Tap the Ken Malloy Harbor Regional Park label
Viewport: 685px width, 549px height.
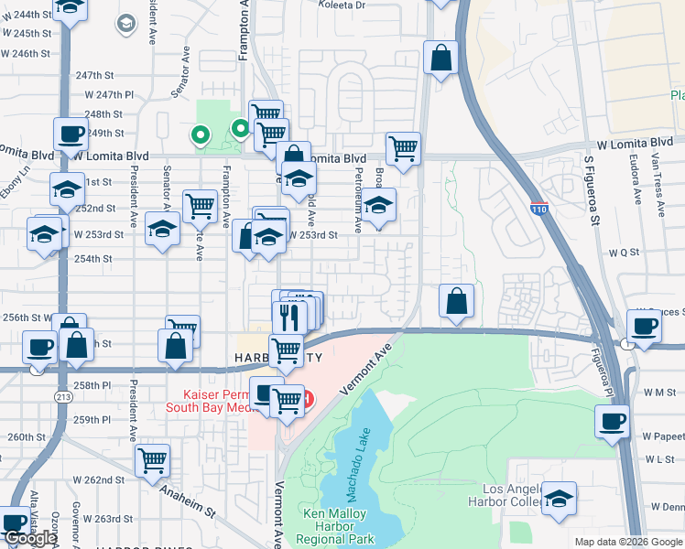pos(339,527)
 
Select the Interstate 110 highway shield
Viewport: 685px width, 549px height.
pos(538,210)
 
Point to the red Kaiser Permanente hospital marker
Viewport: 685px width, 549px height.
pos(308,399)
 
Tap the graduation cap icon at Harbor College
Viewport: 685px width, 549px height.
pos(559,499)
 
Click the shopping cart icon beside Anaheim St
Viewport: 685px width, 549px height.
pos(153,460)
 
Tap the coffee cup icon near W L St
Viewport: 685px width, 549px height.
pos(612,422)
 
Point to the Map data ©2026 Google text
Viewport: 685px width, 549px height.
pos(628,542)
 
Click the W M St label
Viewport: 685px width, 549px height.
pos(658,392)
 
